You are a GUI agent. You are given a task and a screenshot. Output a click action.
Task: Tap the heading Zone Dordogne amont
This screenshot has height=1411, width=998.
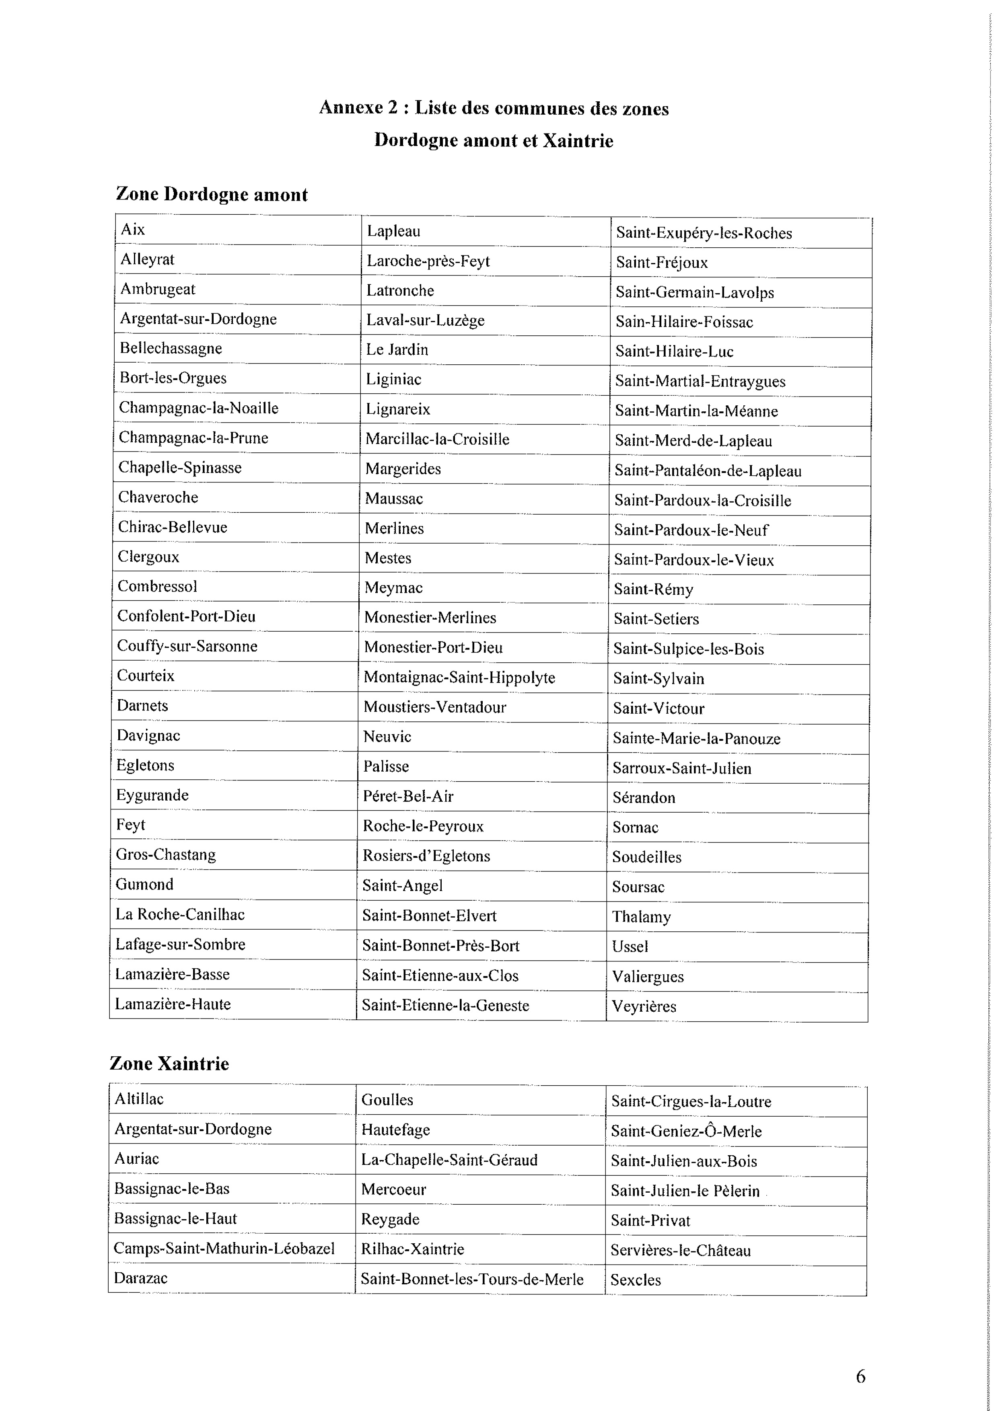(212, 195)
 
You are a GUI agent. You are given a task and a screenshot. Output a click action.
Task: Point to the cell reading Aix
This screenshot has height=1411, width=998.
(133, 230)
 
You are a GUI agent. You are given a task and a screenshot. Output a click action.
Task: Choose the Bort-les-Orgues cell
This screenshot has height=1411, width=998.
(173, 378)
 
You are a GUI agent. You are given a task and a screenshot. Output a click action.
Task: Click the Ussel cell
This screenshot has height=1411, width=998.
(630, 947)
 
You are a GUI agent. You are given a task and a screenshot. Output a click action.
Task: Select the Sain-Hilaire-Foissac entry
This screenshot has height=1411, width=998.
(684, 322)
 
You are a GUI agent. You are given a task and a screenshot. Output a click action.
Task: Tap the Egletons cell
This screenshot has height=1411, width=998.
(145, 765)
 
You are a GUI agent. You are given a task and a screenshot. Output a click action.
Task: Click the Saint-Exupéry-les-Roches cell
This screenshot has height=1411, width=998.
(704, 233)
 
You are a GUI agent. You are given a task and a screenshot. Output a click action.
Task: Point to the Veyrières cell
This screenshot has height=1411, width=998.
(644, 1006)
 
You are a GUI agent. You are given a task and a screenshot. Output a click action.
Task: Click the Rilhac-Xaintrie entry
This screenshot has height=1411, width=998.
(413, 1249)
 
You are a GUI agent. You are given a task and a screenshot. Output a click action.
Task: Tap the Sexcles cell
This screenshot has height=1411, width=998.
(636, 1280)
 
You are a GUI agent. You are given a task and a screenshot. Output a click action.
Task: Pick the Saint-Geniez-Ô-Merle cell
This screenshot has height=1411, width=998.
(686, 1132)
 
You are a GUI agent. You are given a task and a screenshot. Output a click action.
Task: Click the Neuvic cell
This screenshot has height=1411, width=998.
(387, 736)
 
